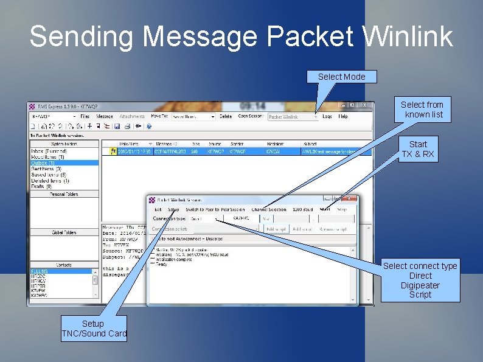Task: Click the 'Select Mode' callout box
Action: coord(342,77)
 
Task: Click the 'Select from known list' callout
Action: coord(422,110)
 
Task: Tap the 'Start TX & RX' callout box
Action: coord(418,149)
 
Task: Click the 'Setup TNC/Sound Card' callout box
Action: coord(94,329)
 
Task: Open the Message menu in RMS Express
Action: coord(105,116)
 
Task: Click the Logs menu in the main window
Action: coord(327,116)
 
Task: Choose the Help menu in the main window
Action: coord(343,116)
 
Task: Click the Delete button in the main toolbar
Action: coord(226,116)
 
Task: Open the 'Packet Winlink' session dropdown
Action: coord(293,117)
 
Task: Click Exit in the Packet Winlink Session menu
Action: coord(158,209)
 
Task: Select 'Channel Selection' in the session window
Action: coord(269,209)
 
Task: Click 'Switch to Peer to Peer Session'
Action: coord(214,209)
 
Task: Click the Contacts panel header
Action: coord(64,265)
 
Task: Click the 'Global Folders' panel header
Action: coord(64,232)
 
